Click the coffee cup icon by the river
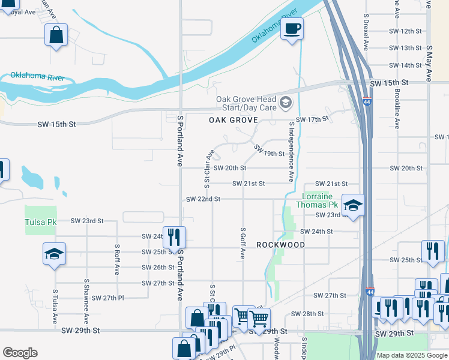pyautogui.click(x=292, y=29)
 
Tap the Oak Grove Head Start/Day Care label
pyautogui.click(x=246, y=103)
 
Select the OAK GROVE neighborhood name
pyautogui.click(x=233, y=120)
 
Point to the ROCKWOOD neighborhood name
pyautogui.click(x=280, y=245)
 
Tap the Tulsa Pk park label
pyautogui.click(x=40, y=222)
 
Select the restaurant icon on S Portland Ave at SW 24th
pyautogui.click(x=174, y=236)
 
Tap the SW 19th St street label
pyautogui.click(x=268, y=150)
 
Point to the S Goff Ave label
pyautogui.click(x=243, y=243)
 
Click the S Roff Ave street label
pyautogui.click(x=117, y=259)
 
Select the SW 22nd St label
pyautogui.click(x=203, y=199)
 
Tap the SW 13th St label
pyautogui.click(x=406, y=48)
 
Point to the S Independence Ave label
pyautogui.click(x=292, y=152)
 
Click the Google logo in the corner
pyautogui.click(x=20, y=353)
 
